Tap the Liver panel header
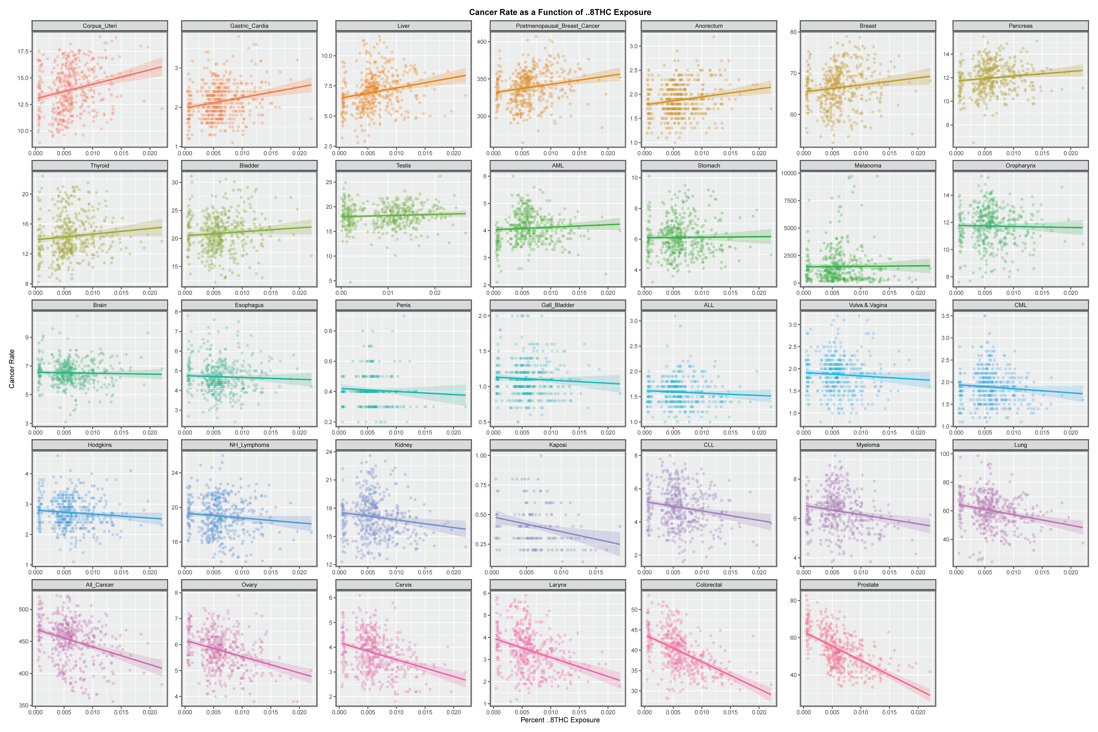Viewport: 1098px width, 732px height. pos(403,26)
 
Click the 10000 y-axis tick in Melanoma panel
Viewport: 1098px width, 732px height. pos(788,173)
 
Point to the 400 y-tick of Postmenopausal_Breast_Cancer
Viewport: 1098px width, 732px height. pos(482,42)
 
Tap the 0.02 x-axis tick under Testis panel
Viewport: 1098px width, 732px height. pos(435,293)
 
